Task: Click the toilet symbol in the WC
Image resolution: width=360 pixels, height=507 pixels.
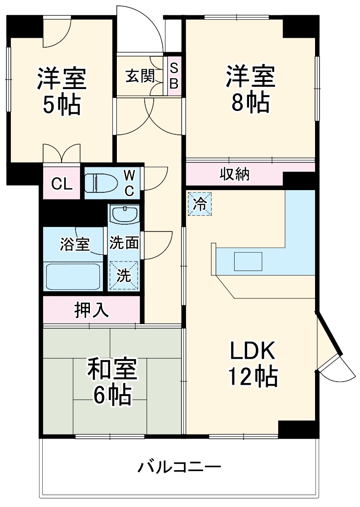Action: [102, 183]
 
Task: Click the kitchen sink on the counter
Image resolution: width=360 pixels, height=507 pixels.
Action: [248, 262]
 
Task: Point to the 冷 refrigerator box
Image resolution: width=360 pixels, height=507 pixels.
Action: [200, 204]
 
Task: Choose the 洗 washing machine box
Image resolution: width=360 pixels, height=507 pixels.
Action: [124, 276]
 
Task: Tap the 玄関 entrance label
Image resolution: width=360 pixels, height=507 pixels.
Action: [140, 76]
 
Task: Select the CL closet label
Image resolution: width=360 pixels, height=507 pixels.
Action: [62, 183]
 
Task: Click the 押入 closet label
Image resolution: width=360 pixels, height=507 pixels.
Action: [91, 310]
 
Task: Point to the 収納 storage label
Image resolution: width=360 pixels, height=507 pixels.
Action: [235, 173]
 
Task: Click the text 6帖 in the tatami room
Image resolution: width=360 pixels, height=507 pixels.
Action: [112, 395]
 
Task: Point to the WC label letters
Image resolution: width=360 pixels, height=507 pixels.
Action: [129, 182]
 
